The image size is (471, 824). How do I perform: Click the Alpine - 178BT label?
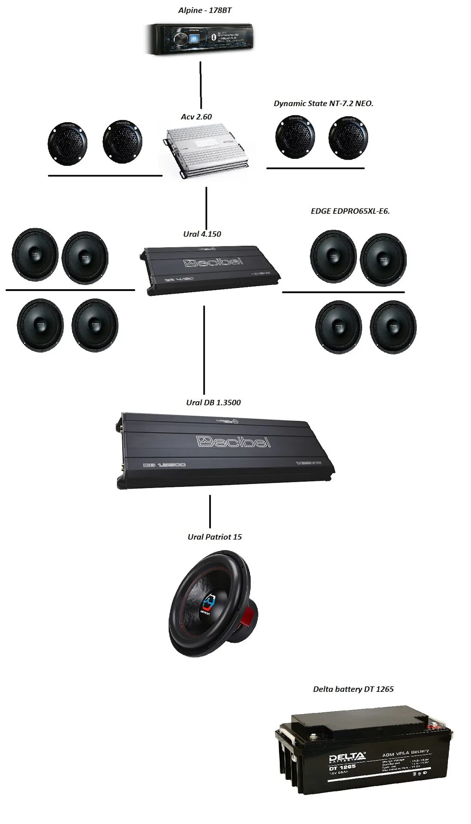click(x=205, y=10)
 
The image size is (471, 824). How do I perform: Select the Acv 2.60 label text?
click(x=196, y=117)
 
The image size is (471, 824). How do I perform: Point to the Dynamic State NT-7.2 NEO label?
click(x=323, y=103)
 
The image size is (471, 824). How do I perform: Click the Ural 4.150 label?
click(x=202, y=234)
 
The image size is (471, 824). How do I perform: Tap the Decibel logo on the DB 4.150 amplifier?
click(x=213, y=262)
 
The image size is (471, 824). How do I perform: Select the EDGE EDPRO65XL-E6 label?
click(x=350, y=211)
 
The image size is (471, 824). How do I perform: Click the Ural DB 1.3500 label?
click(x=213, y=403)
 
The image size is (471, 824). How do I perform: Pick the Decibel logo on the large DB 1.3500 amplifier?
click(x=234, y=442)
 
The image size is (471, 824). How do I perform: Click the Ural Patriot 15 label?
click(x=215, y=537)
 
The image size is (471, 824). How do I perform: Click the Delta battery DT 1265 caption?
click(x=353, y=689)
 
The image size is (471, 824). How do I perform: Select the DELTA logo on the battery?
click(x=347, y=758)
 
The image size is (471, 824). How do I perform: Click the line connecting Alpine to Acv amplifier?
click(x=201, y=85)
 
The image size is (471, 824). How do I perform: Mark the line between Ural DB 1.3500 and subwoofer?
click(x=210, y=512)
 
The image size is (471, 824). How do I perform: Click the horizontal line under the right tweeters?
click(x=315, y=168)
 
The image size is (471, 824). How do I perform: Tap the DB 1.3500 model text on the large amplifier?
click(x=164, y=465)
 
